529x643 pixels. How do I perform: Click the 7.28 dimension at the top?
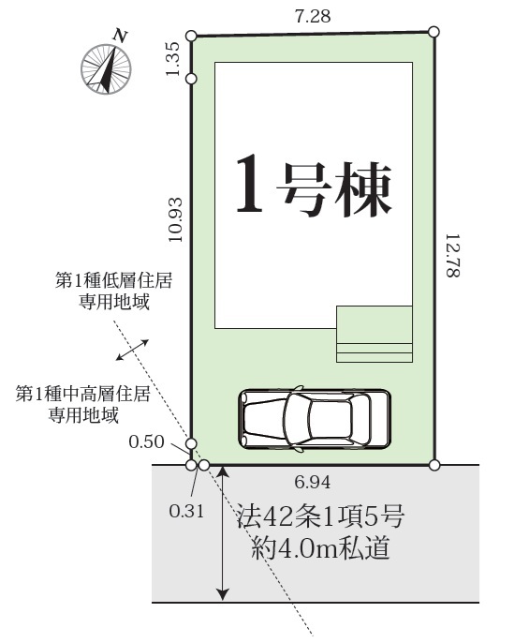[x=312, y=16]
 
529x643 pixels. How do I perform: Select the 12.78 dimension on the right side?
[x=452, y=256]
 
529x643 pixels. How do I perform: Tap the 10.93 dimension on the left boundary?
[x=175, y=219]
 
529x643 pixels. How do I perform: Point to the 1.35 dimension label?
[x=172, y=59]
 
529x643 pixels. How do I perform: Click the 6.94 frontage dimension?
[x=312, y=482]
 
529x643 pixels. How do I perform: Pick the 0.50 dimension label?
[x=146, y=441]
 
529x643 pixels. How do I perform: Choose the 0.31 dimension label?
[x=186, y=511]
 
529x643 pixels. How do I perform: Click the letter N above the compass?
[x=120, y=36]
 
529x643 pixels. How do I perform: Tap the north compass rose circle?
[x=106, y=69]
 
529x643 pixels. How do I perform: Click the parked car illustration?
[x=315, y=419]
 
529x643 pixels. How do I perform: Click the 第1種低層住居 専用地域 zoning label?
[x=114, y=292]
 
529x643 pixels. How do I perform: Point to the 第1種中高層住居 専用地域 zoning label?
[x=83, y=404]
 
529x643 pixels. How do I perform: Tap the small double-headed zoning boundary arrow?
[x=132, y=350]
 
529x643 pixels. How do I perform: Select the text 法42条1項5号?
[x=320, y=516]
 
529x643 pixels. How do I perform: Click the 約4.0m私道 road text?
[x=320, y=547]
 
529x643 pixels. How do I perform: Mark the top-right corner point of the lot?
[x=433, y=32]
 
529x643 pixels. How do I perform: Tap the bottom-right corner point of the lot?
[x=434, y=465]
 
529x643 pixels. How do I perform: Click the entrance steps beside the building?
[x=375, y=334]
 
